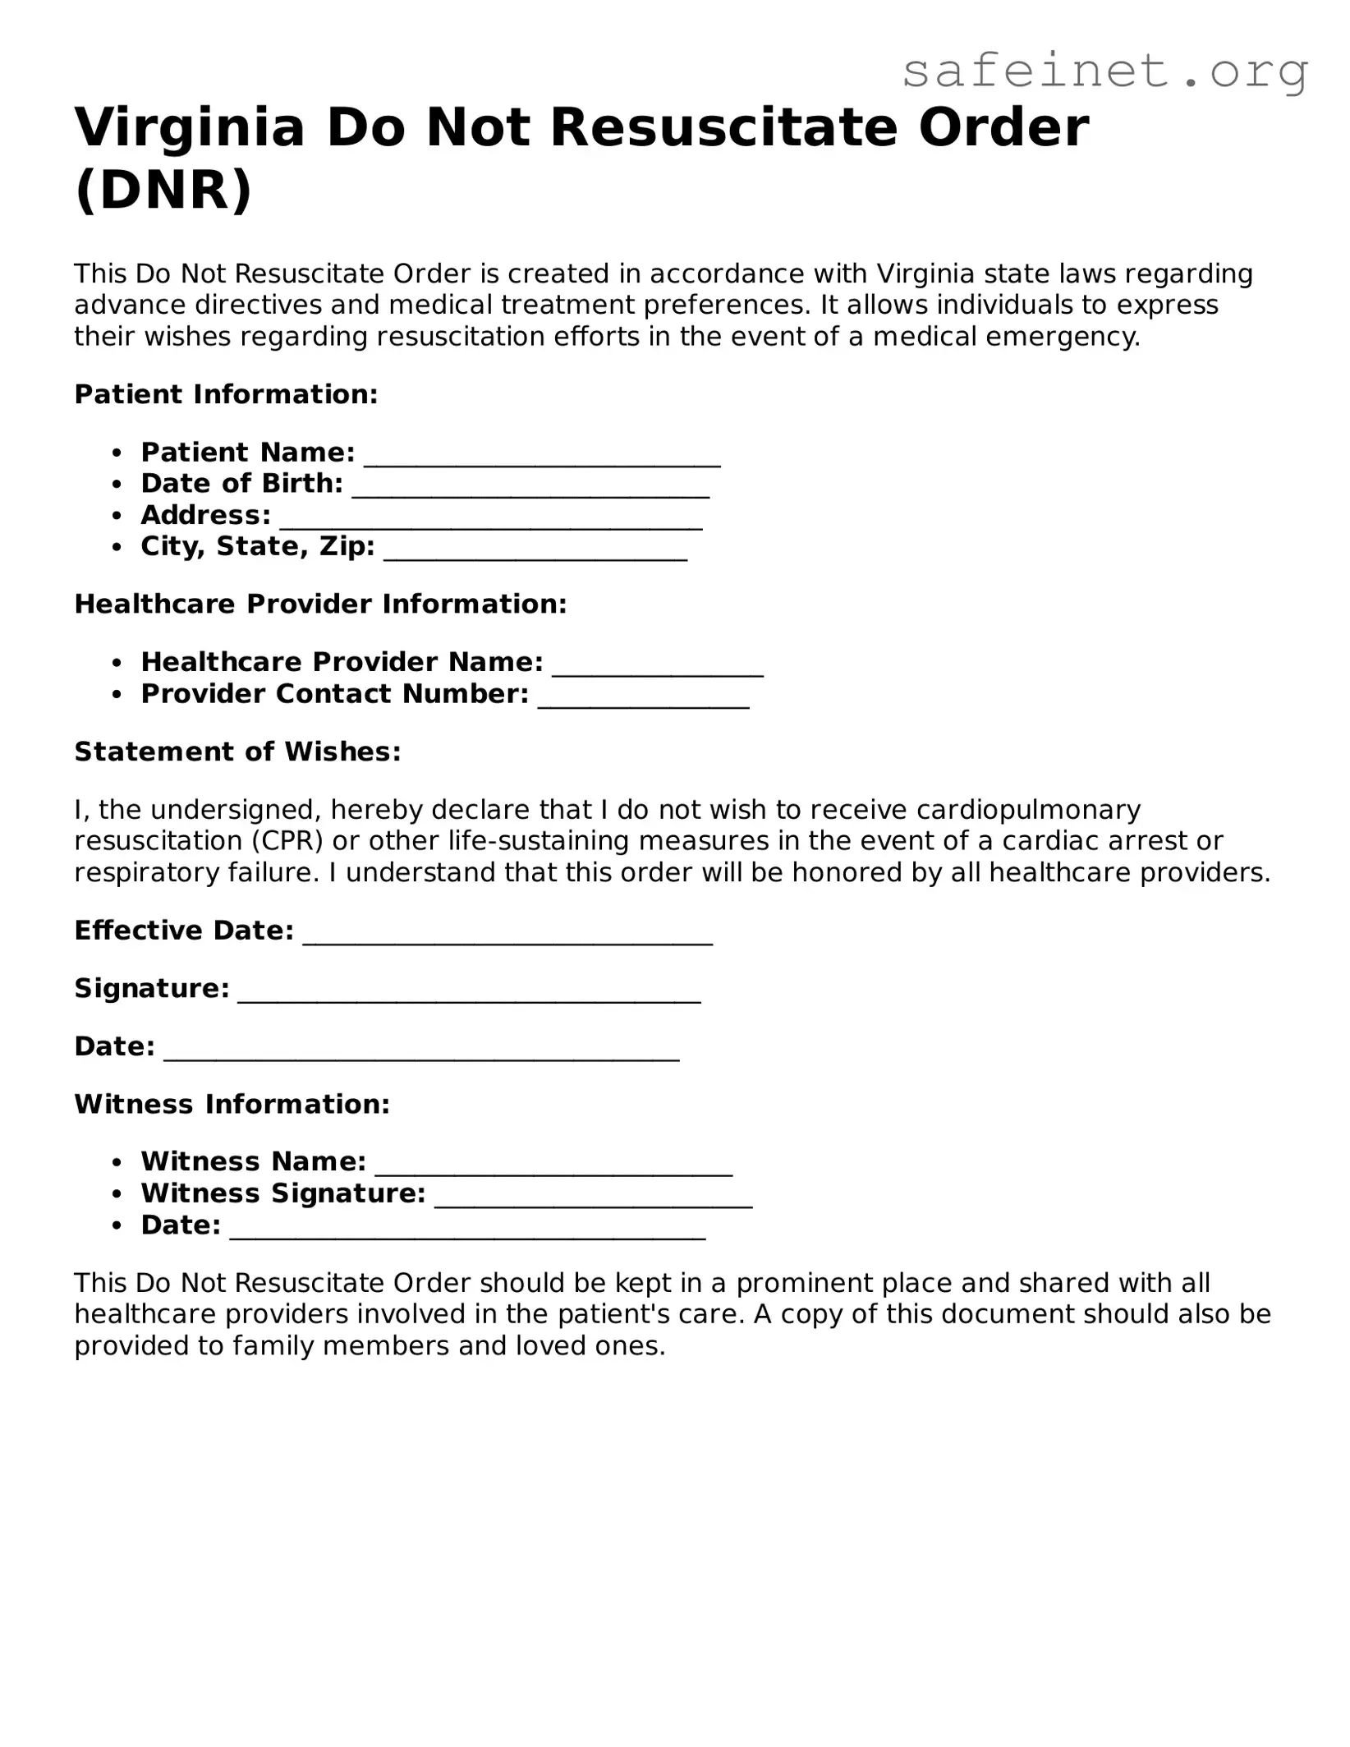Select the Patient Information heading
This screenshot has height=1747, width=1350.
pyautogui.click(x=226, y=394)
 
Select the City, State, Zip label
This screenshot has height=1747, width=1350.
pyautogui.click(x=257, y=546)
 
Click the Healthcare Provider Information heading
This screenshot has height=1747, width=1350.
pyautogui.click(x=320, y=604)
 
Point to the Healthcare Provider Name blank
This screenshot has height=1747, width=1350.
pyautogui.click(x=658, y=669)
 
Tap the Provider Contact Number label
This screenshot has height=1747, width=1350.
pyautogui.click(x=334, y=694)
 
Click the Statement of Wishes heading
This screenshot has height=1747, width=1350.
pyautogui.click(x=237, y=752)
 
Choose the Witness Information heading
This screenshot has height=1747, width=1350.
pyautogui.click(x=232, y=1104)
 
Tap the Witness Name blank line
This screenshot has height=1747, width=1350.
pyautogui.click(x=553, y=1168)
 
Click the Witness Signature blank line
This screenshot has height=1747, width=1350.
pyautogui.click(x=593, y=1200)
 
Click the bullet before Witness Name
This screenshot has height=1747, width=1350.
pyautogui.click(x=119, y=1162)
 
